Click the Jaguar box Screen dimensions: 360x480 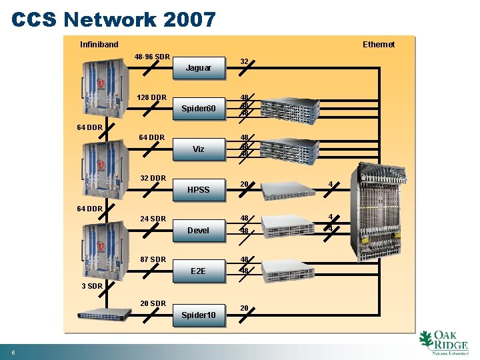coord(198,68)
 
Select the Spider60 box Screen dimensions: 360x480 coord(198,109)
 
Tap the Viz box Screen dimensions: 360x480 coord(198,149)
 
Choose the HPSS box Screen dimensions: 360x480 coord(198,190)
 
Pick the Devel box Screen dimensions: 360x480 coord(198,231)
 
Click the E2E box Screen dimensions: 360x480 coord(198,271)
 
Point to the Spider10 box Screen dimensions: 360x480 coord(198,315)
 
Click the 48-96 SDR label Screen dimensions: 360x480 coord(151,57)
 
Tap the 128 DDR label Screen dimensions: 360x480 coord(151,97)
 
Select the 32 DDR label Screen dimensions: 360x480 coord(153,178)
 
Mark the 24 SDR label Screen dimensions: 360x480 coord(153,219)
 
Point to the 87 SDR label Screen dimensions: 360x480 coord(153,259)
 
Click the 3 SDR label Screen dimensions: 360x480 coord(91,286)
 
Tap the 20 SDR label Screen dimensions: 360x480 coord(153,303)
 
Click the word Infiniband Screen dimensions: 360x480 coord(99,45)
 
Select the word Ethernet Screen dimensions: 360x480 coord(378,45)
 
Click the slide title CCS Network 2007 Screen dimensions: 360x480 coord(113,19)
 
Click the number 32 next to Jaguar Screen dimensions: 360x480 coord(244,61)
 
